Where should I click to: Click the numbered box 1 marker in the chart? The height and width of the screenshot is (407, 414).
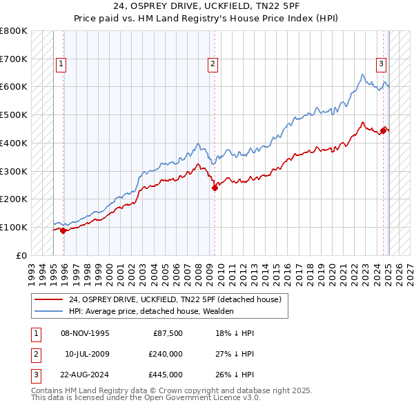[x=61, y=64]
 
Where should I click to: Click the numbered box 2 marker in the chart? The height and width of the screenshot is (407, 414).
[x=213, y=64]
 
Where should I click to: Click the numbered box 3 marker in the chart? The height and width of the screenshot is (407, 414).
[x=381, y=64]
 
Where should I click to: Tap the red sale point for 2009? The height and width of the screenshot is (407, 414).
[x=215, y=187]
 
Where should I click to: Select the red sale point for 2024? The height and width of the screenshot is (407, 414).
[x=384, y=129]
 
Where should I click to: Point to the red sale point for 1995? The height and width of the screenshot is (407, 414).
[x=63, y=230]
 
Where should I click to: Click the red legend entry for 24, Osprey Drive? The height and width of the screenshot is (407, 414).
[x=175, y=299]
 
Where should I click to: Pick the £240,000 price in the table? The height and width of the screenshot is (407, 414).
[x=167, y=354]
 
